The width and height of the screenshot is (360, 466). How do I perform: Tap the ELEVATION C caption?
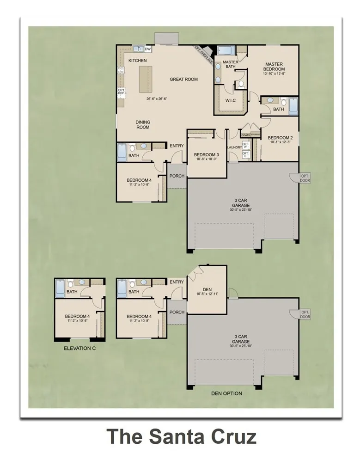pyautogui.click(x=79, y=348)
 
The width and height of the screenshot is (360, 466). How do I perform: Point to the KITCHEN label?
pyautogui.click(x=137, y=61)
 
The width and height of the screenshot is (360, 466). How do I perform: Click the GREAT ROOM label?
pyautogui.click(x=183, y=80)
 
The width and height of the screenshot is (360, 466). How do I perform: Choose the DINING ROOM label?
pyautogui.click(x=143, y=125)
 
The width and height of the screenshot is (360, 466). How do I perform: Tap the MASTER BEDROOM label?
pyautogui.click(x=274, y=67)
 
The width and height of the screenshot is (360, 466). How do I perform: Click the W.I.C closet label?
pyautogui.click(x=231, y=100)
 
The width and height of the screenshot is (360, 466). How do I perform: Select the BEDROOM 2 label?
pyautogui.click(x=280, y=138)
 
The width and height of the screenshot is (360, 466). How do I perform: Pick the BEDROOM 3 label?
pyautogui.click(x=206, y=154)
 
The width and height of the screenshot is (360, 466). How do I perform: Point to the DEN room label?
pyautogui.click(x=207, y=289)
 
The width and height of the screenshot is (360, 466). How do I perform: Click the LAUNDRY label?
pyautogui.click(x=235, y=147)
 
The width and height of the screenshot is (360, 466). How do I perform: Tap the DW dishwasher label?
pyautogui.click(x=148, y=49)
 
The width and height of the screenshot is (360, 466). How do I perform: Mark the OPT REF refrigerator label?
pyautogui.click(x=121, y=92)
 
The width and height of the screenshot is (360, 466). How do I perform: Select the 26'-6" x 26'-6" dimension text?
pyautogui.click(x=156, y=98)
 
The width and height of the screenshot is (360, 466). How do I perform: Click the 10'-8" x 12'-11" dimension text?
pyautogui.click(x=207, y=294)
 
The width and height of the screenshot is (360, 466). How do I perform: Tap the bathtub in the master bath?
pyautogui.click(x=226, y=51)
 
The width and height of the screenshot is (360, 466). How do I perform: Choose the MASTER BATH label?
pyautogui.click(x=230, y=64)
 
